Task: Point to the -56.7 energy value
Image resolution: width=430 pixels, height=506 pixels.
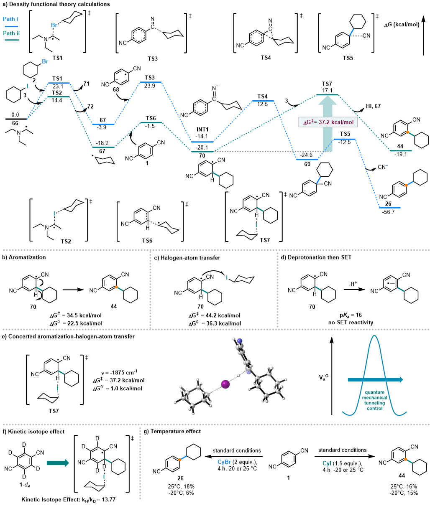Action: click(389, 212)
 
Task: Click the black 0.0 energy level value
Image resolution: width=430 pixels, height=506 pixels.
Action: click(15, 114)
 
